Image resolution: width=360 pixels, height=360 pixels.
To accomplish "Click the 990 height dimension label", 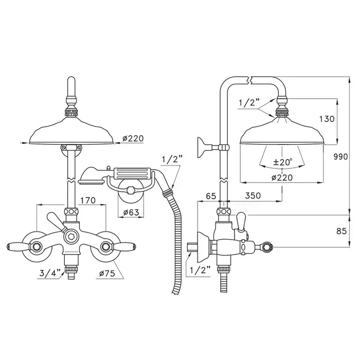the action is (340, 157).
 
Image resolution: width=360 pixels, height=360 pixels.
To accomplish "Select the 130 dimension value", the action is (327, 119).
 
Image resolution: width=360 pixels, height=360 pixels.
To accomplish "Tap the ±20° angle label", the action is (283, 162).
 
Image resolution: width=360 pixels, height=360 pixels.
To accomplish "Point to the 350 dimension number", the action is (253, 195).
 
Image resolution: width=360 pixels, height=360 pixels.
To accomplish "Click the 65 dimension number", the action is (211, 196).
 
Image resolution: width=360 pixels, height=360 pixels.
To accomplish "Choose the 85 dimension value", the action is (341, 231).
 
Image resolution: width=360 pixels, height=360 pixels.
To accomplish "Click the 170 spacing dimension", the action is (88, 201).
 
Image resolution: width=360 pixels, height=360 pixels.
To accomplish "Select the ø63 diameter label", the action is (131, 212).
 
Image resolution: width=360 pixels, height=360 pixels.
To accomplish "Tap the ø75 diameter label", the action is (107, 274).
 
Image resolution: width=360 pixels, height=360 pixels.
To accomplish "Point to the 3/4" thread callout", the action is (50, 273).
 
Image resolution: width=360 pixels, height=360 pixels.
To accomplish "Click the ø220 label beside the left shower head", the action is (133, 138).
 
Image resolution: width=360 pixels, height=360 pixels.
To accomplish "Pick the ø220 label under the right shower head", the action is (282, 177).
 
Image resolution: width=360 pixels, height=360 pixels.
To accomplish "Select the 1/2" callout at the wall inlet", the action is (200, 271).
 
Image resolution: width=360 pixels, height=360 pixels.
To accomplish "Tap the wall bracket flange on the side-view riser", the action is (201, 148).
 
